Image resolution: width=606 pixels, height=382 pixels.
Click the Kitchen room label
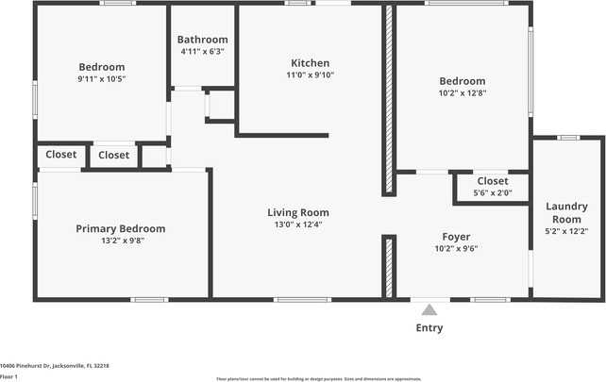click(x=311, y=63)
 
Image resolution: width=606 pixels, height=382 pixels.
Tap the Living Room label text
click(x=297, y=212)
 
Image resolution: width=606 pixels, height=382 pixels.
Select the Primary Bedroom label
click(x=120, y=228)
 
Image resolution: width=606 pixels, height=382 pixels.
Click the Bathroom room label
click(x=202, y=40)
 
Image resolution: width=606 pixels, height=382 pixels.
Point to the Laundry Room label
click(x=566, y=212)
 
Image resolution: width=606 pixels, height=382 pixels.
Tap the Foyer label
click(x=456, y=237)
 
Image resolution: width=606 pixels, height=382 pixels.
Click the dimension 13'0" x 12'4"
click(x=297, y=224)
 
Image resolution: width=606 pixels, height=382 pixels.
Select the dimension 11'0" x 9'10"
click(x=311, y=75)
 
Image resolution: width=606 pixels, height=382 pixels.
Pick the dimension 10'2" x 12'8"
click(x=462, y=92)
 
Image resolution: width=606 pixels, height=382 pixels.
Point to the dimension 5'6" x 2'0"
click(x=492, y=192)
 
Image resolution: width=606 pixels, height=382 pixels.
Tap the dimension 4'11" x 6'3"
click(x=202, y=51)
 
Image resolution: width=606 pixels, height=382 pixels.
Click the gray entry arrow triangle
click(x=429, y=309)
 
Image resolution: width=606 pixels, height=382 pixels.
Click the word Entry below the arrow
click(x=429, y=328)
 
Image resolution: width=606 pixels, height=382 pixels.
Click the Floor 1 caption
click(x=9, y=375)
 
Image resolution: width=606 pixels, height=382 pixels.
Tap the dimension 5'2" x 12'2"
click(x=566, y=231)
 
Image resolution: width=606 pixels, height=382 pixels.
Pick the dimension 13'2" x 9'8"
click(x=120, y=241)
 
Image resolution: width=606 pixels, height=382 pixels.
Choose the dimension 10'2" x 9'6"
click(x=456, y=249)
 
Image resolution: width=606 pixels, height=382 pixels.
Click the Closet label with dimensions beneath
click(x=492, y=181)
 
